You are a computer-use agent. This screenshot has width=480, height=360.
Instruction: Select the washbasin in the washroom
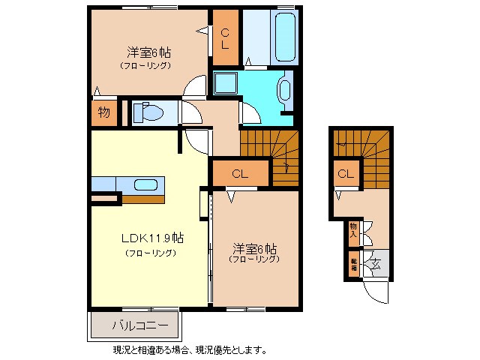tap(285, 89)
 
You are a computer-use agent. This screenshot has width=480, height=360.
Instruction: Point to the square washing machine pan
tap(226, 83)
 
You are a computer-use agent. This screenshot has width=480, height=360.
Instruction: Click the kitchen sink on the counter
tap(145, 185)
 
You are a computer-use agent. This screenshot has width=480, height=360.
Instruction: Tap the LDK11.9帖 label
tap(153, 238)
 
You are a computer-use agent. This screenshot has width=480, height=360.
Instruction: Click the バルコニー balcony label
tap(134, 325)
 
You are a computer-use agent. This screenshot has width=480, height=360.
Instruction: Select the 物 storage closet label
tap(103, 113)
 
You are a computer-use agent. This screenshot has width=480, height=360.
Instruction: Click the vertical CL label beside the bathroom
tap(225, 37)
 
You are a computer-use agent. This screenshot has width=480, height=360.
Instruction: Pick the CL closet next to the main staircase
tap(239, 174)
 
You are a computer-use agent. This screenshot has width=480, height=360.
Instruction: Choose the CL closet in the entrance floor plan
tap(344, 175)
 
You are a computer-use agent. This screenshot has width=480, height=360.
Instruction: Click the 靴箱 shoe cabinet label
tap(353, 264)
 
